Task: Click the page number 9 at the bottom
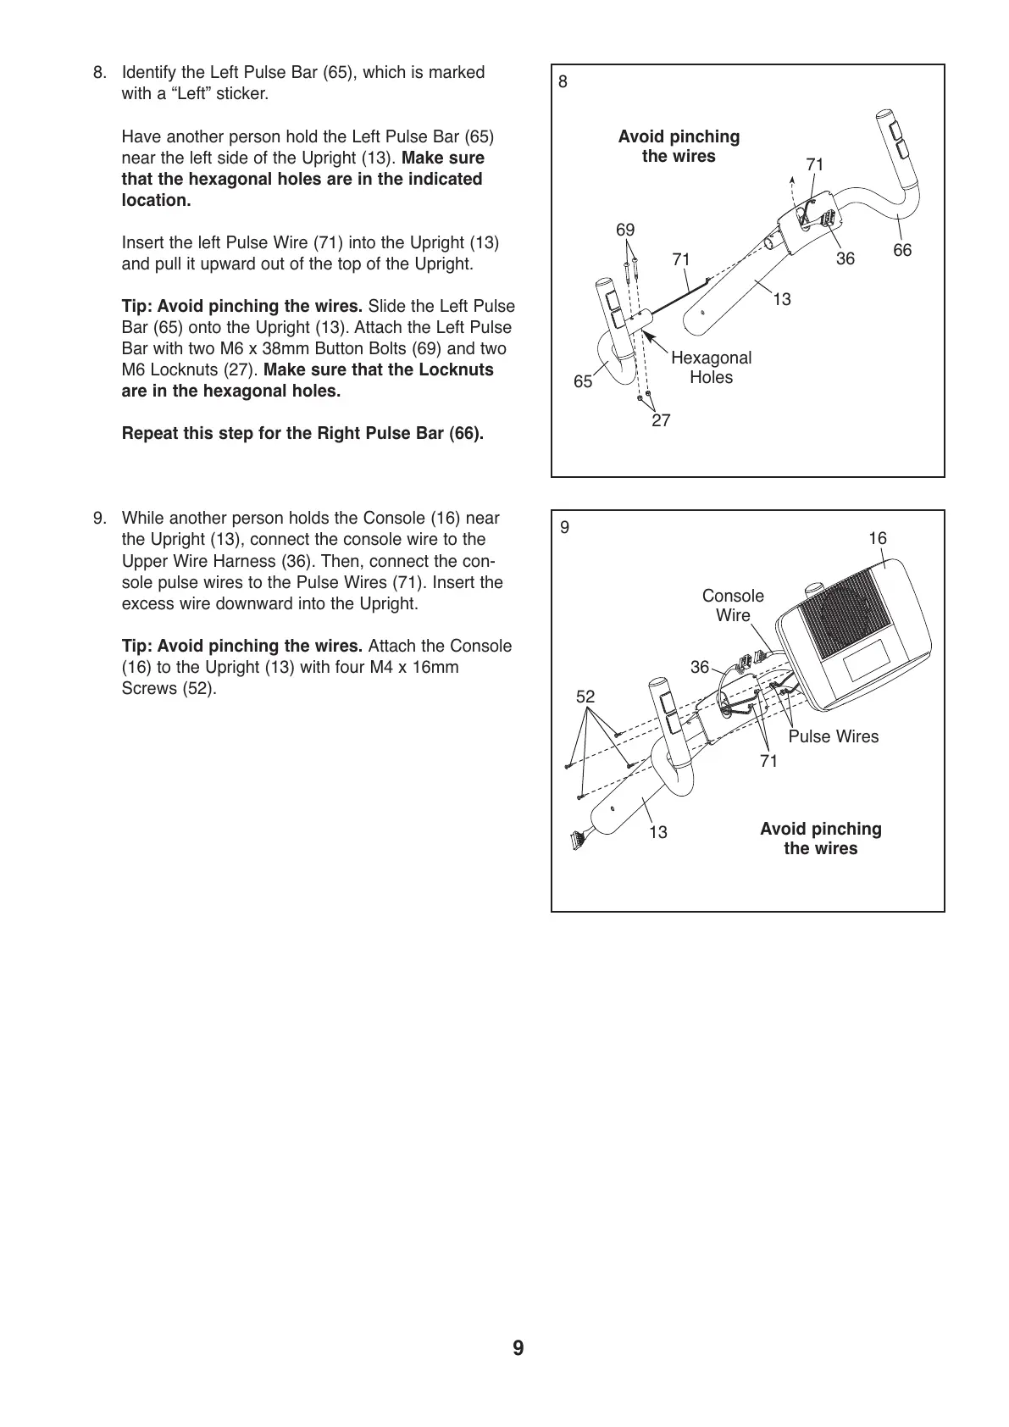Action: (518, 1348)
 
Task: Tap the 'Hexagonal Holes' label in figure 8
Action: (711, 368)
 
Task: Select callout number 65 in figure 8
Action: (583, 382)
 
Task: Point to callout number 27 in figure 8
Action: (661, 420)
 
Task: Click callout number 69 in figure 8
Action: (625, 230)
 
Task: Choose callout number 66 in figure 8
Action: (902, 251)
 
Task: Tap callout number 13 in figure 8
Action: (782, 300)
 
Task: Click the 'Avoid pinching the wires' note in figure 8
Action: (679, 147)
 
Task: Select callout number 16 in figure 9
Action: (878, 539)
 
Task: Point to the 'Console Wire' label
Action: (733, 606)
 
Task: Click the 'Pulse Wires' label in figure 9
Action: (834, 737)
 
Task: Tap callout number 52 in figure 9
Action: (585, 697)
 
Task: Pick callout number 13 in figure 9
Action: (658, 833)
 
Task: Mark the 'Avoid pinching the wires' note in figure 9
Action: (820, 839)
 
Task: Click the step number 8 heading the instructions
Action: (100, 73)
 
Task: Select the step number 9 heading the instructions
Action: (100, 519)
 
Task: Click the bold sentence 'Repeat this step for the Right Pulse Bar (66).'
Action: (302, 434)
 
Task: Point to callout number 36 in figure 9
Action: (699, 668)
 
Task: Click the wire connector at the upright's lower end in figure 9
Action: (579, 841)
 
